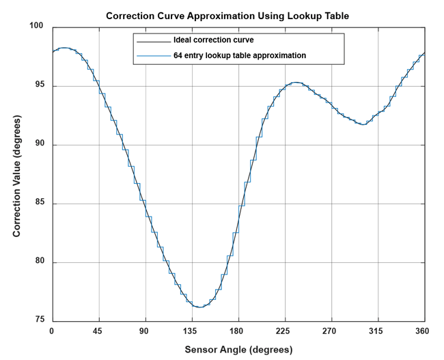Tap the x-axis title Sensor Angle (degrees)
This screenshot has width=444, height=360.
[238, 350]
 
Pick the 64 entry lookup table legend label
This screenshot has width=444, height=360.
[239, 55]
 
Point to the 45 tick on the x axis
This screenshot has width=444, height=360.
[99, 331]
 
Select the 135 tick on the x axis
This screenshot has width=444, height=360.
[192, 331]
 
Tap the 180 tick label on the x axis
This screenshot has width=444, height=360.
[238, 331]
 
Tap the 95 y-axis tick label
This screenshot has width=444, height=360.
[38, 85]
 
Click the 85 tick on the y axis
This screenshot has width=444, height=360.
[38, 204]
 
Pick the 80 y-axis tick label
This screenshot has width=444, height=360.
[38, 262]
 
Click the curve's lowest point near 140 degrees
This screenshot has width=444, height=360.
[198, 307]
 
